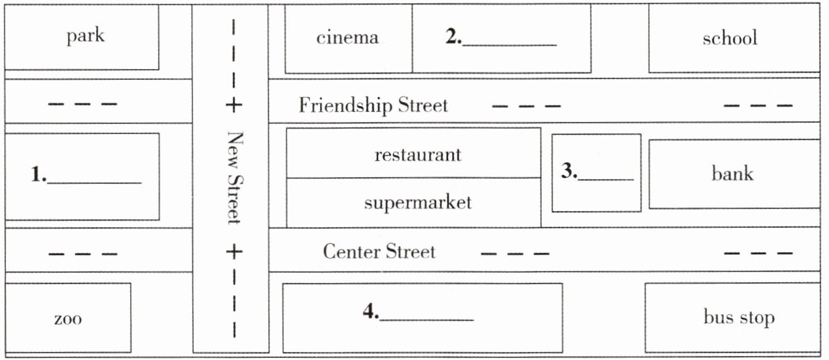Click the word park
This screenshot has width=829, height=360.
tap(85, 37)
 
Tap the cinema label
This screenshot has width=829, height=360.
tap(347, 38)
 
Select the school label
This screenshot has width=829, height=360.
tap(730, 38)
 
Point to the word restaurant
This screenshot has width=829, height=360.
tap(418, 155)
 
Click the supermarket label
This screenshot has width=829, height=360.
tap(418, 203)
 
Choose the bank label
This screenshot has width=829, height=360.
tap(732, 173)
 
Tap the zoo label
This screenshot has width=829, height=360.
tap(68, 319)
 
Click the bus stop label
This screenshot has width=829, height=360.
tap(739, 318)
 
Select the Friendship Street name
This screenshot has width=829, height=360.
tap(373, 105)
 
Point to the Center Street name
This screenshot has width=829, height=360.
tap(379, 251)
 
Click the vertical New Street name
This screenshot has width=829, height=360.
tap(235, 178)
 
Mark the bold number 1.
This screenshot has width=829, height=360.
tap(38, 174)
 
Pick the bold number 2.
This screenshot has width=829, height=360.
tap(453, 36)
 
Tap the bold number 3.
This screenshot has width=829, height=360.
tap(569, 170)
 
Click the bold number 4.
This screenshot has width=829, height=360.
tap(371, 311)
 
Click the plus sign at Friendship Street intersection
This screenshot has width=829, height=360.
tap(234, 105)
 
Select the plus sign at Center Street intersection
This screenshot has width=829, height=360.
tap(234, 251)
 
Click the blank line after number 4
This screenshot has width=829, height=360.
tap(427, 320)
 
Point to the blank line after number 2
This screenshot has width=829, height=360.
tap(510, 45)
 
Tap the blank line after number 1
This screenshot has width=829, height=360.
tap(95, 182)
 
